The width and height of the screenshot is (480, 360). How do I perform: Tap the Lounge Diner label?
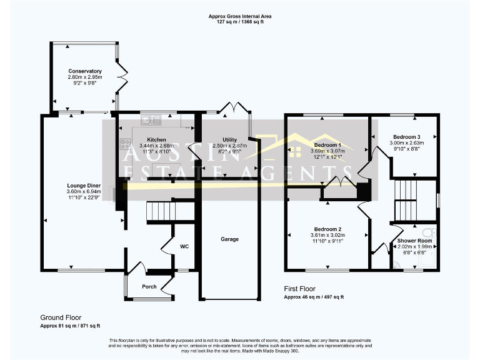(84, 185)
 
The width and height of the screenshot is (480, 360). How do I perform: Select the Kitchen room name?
(156, 139)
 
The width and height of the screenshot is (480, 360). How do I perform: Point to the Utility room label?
(229, 139)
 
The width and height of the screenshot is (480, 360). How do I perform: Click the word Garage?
(229, 239)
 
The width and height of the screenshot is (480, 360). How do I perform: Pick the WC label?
(184, 246)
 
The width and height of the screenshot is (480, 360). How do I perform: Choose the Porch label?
(149, 287)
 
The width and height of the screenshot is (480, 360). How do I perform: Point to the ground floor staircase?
(162, 212)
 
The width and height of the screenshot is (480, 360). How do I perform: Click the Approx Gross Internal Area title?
(240, 16)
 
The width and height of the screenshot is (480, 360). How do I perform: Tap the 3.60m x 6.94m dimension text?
(84, 191)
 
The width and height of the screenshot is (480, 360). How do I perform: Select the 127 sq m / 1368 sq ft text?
(240, 21)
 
